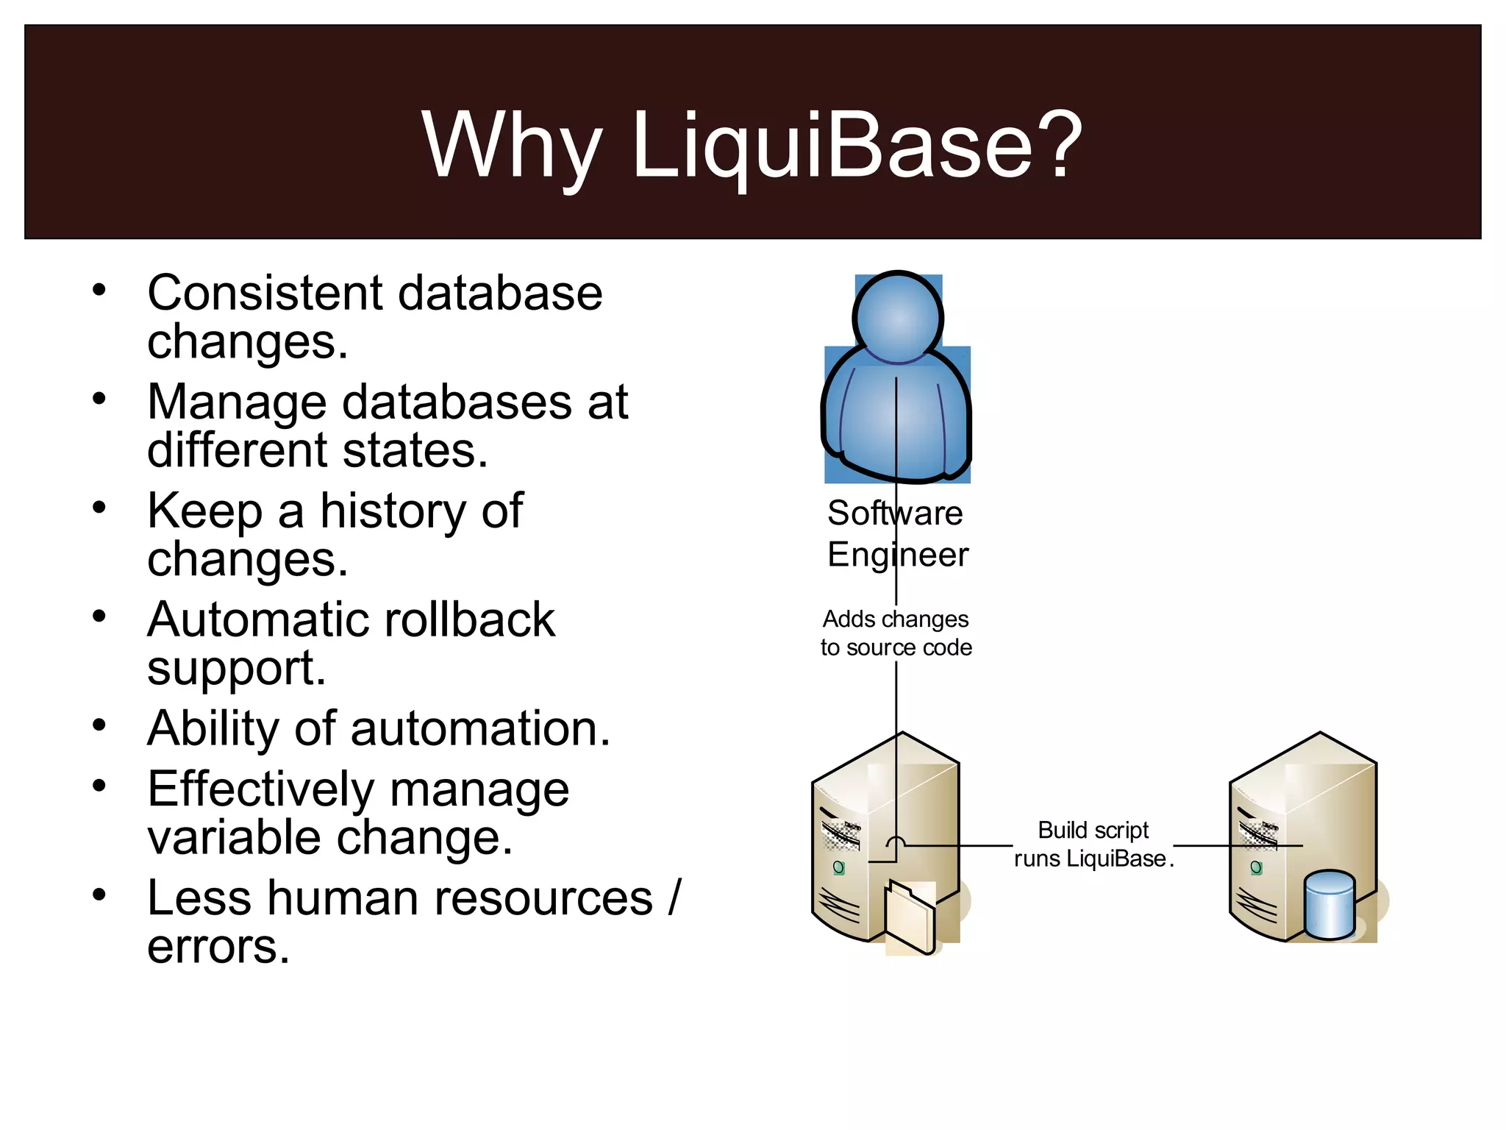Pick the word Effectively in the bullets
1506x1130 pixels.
[261, 789]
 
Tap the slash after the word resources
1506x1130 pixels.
[675, 898]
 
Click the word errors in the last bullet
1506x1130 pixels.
[218, 946]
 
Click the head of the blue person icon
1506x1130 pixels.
[898, 318]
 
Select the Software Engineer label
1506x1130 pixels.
[896, 533]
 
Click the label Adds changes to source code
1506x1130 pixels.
[896, 633]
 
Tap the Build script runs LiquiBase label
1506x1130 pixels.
[1093, 845]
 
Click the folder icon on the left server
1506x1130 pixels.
[910, 917]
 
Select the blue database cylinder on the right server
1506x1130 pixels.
[1329, 905]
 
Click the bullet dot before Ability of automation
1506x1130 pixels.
[99, 725]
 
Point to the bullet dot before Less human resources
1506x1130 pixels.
[99, 895]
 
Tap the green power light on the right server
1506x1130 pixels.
[1256, 868]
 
